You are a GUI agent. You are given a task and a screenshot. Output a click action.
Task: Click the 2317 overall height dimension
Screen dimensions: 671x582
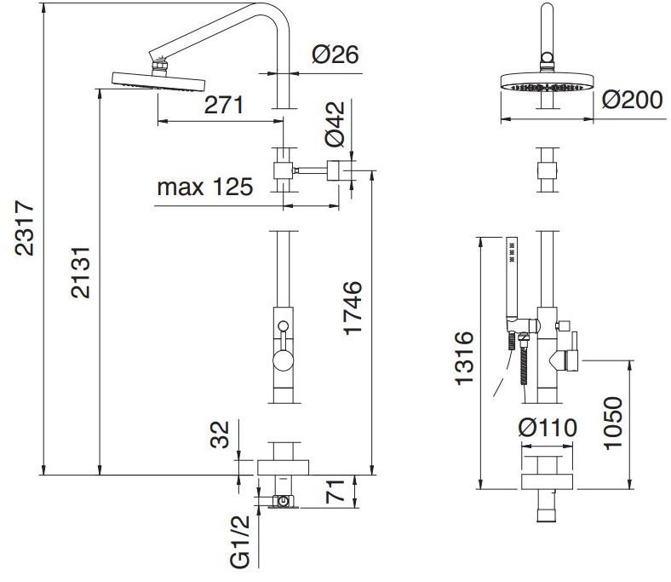(24, 228)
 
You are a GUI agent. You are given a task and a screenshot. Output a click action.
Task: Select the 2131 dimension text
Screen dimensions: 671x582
(80, 273)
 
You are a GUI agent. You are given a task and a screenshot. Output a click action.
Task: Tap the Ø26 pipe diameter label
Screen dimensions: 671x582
(335, 55)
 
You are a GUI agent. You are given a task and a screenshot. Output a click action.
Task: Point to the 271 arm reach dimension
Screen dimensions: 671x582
(224, 105)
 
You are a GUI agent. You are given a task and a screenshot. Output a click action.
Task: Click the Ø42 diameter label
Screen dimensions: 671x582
(335, 124)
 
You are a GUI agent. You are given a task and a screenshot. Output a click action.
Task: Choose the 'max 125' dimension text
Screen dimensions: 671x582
(205, 187)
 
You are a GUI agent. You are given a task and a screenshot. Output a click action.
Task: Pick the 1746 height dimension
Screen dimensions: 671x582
(353, 308)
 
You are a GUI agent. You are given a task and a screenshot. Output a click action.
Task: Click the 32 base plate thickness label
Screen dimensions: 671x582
(220, 435)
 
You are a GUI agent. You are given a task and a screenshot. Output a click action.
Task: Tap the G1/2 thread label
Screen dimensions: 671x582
(239, 542)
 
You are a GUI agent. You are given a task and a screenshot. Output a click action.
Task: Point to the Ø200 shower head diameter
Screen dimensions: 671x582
(633, 100)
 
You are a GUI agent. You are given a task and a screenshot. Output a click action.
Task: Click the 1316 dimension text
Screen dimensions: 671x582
(464, 358)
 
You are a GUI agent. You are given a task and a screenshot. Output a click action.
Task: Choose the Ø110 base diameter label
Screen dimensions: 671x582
(548, 428)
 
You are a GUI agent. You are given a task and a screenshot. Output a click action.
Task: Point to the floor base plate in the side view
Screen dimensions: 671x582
(283, 468)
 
